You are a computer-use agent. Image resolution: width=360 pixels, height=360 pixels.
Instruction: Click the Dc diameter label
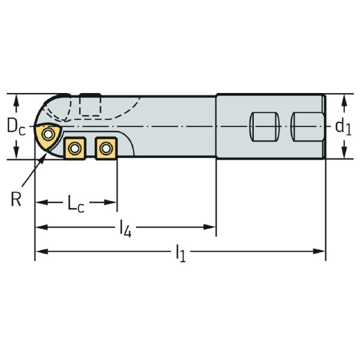[x=16, y=127]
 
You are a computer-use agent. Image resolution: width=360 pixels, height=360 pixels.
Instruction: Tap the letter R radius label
[x=16, y=199]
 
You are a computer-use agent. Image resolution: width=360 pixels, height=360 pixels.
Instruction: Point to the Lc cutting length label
[x=76, y=204]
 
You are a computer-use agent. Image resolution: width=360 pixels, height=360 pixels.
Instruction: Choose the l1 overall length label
[x=180, y=254]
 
